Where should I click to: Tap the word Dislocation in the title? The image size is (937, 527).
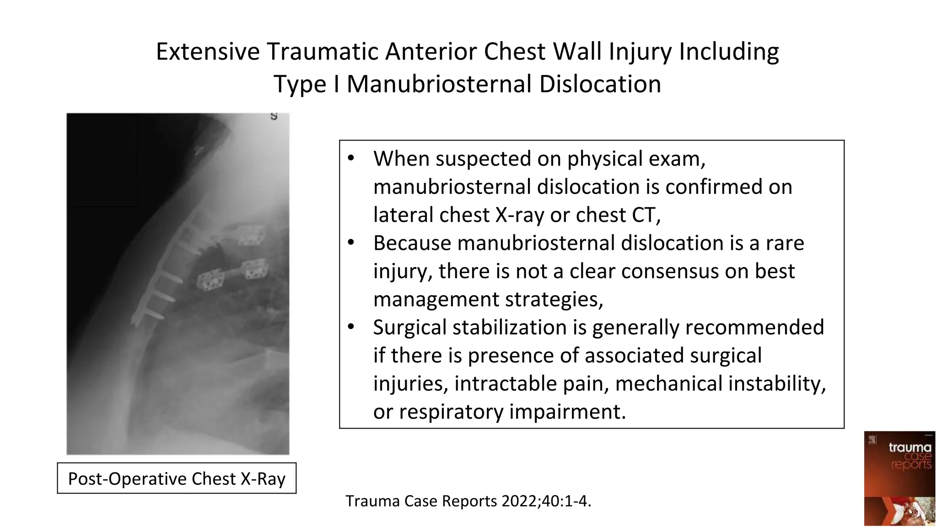coord(599,85)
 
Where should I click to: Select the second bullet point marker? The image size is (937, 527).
coord(351,243)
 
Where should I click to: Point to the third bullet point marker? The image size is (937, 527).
coord(351,327)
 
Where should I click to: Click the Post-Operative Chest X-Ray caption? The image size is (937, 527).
coord(177,479)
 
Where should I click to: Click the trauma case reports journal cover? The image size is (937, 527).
coord(899,478)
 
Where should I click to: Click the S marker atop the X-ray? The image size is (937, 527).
coord(274,116)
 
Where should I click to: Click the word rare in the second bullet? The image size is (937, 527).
coord(785,243)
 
